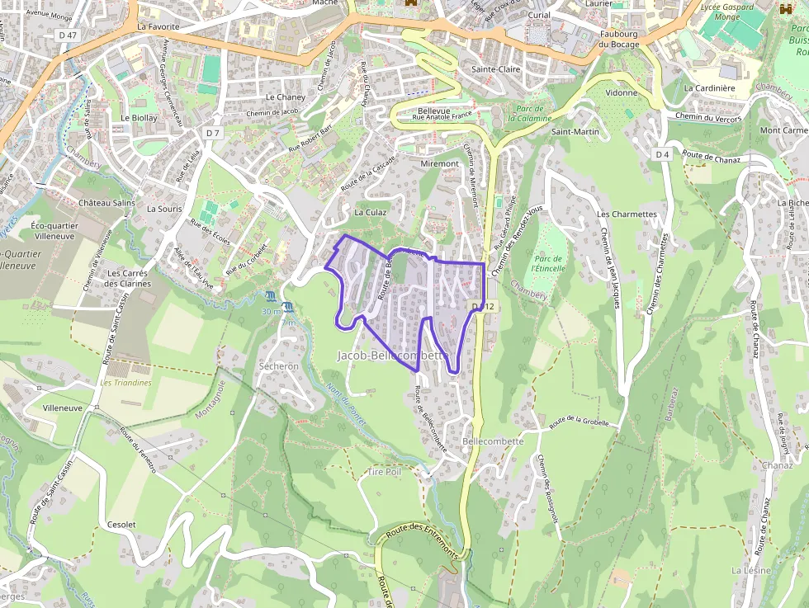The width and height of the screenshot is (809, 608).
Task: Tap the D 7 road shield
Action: [214, 133]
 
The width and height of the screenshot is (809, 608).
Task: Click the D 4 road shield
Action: [663, 154]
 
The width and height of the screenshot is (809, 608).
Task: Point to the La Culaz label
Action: [370, 212]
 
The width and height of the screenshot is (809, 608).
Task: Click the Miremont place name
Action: [439, 163]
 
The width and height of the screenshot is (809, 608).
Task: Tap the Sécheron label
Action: [278, 365]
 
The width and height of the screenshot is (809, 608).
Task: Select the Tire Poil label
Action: [384, 472]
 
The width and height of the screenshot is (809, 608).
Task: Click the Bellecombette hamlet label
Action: [494, 441]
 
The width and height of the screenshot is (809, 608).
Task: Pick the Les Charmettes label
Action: [627, 214]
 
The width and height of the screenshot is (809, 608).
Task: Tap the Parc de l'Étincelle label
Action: [549, 263]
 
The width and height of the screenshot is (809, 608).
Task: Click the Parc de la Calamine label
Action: [529, 114]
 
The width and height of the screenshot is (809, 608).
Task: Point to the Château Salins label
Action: [106, 203]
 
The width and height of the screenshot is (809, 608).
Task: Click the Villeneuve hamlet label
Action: [63, 408]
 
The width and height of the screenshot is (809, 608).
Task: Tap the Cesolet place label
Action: [121, 525]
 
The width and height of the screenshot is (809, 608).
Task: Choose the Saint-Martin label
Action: [575, 132]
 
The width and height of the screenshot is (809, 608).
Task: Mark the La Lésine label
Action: [751, 570]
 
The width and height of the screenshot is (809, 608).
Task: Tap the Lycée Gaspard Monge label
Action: [726, 11]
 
